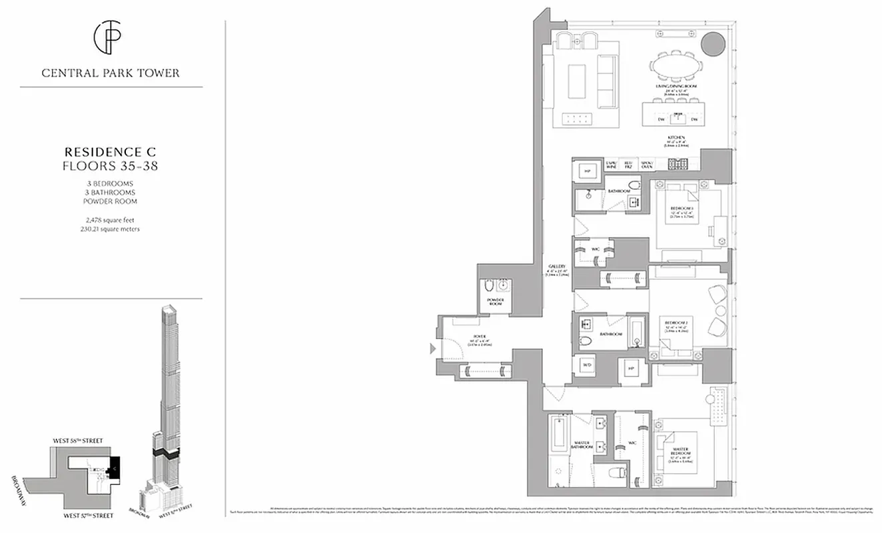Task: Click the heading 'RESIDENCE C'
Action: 110,152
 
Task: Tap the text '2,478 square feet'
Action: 110,219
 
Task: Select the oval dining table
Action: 675,67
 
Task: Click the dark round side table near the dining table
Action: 713,44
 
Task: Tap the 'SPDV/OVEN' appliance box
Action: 646,164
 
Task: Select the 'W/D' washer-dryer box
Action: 587,366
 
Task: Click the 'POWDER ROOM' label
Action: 496,302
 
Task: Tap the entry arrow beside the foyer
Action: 432,348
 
